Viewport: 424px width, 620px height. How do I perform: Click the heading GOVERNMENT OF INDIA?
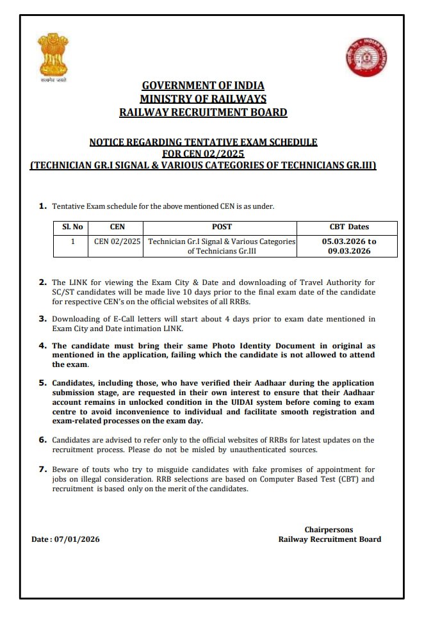[x=203, y=86]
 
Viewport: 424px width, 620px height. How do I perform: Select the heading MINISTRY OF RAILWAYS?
[x=203, y=99]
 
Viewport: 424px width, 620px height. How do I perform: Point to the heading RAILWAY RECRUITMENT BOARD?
[x=203, y=112]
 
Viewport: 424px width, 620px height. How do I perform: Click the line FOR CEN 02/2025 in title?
[x=203, y=154]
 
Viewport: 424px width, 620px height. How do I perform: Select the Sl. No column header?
[x=72, y=227]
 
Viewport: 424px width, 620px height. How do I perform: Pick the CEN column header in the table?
[x=117, y=227]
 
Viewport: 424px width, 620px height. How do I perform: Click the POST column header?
[x=222, y=227]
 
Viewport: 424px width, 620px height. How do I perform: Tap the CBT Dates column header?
[x=349, y=227]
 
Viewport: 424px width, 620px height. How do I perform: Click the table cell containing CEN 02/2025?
[x=117, y=241]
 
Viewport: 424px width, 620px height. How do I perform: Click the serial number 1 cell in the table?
[x=72, y=241]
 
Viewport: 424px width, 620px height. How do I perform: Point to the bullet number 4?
[x=43, y=345]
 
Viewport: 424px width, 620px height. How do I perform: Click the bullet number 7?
[x=43, y=469]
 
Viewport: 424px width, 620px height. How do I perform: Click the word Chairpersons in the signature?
[x=329, y=530]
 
